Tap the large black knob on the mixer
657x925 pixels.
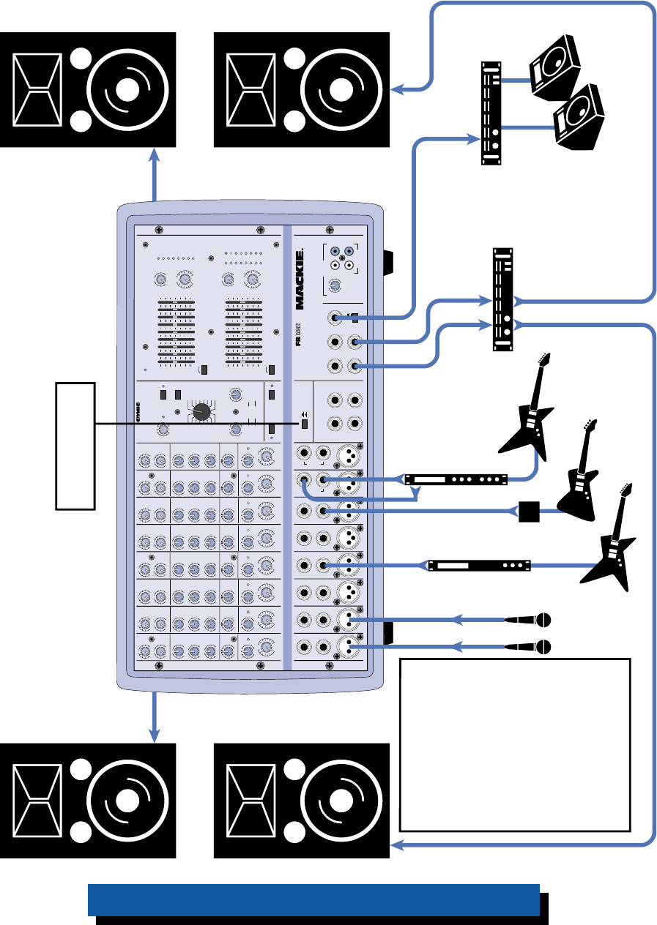pyautogui.click(x=202, y=412)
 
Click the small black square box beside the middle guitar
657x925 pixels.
pyautogui.click(x=529, y=511)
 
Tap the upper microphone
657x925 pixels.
pyautogui.click(x=530, y=620)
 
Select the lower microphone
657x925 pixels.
pyautogui.click(x=530, y=646)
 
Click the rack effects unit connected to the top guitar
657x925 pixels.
pyautogui.click(x=456, y=480)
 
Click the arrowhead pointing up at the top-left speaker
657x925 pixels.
pyautogui.click(x=155, y=155)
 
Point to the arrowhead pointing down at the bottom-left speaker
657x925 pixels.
pyautogui.click(x=155, y=733)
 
